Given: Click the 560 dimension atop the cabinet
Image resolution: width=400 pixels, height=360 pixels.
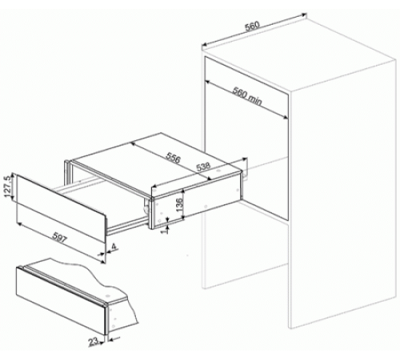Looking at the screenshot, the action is (x=252, y=26).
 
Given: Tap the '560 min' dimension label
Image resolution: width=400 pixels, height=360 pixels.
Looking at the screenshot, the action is (x=247, y=96).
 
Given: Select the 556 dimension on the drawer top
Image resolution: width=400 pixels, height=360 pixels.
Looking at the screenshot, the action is (x=174, y=158).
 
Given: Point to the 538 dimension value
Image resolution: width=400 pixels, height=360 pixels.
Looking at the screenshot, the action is (x=203, y=167).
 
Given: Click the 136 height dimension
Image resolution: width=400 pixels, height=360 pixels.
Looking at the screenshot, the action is (x=180, y=204).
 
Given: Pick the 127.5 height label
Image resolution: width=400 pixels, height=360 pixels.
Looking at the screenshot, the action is (x=7, y=186).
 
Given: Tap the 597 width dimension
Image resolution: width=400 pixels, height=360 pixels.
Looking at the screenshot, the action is (x=59, y=238).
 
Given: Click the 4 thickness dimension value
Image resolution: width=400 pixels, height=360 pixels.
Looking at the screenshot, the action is (x=114, y=246).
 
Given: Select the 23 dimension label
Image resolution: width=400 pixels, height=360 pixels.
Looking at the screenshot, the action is (x=93, y=342).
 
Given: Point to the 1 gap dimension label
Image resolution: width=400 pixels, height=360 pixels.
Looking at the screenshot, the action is (x=166, y=230).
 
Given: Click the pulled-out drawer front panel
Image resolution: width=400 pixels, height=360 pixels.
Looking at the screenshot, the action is (x=61, y=208).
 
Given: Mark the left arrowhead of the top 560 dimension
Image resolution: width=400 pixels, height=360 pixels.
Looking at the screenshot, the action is (x=203, y=45).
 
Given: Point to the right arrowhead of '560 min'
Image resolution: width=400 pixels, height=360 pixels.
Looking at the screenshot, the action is (x=286, y=117).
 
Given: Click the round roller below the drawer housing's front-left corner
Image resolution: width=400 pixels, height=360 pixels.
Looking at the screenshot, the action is (x=146, y=210).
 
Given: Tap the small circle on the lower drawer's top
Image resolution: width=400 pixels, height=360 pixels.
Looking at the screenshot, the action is (x=108, y=295).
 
